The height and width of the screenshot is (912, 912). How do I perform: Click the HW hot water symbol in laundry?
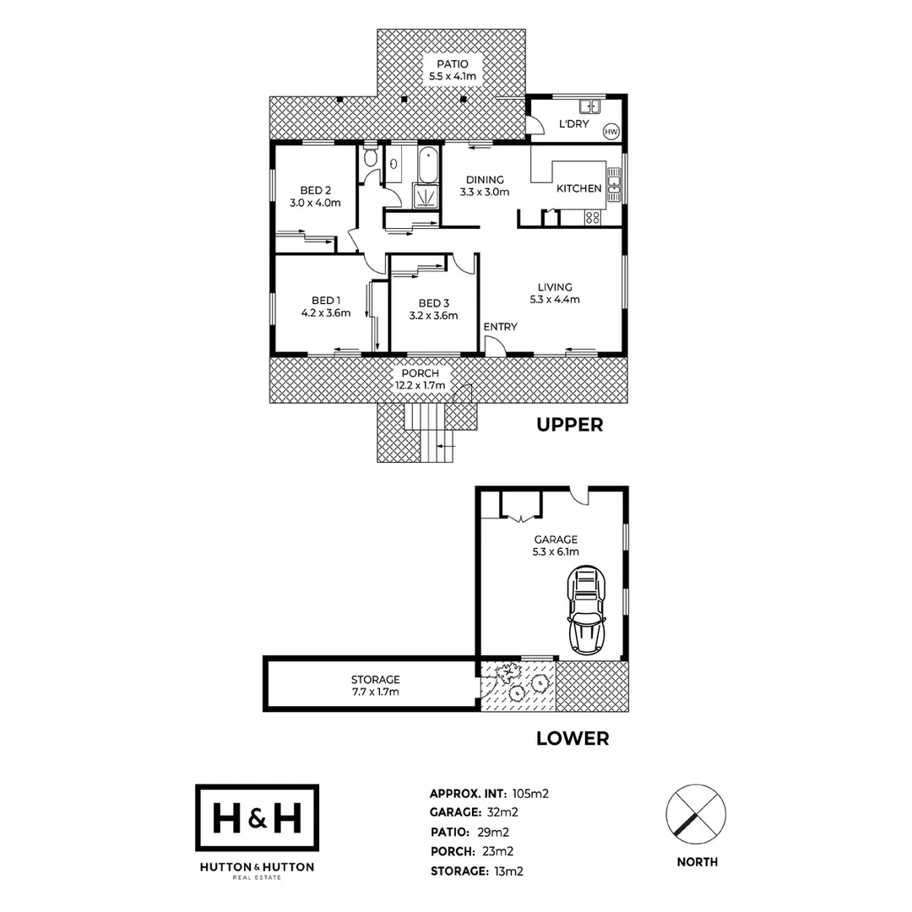[611, 132]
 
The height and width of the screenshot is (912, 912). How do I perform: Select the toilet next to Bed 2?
[370, 159]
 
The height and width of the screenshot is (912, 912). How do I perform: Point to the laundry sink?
[588, 106]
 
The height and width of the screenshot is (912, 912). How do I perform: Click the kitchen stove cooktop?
[593, 217]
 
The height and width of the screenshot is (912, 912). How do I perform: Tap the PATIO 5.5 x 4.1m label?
[452, 71]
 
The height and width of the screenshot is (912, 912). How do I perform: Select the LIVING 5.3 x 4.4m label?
[554, 293]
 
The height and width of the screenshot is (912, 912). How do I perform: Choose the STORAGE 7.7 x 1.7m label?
[375, 686]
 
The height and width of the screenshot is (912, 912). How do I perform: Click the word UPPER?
[570, 425]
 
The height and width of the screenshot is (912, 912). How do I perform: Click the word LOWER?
[573, 739]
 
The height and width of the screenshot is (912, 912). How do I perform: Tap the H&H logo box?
[257, 817]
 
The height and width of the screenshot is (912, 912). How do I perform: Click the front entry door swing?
[497, 345]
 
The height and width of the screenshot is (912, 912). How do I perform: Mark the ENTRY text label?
[500, 327]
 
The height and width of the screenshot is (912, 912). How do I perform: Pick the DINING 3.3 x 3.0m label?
[485, 186]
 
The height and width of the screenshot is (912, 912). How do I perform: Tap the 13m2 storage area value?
[508, 871]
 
